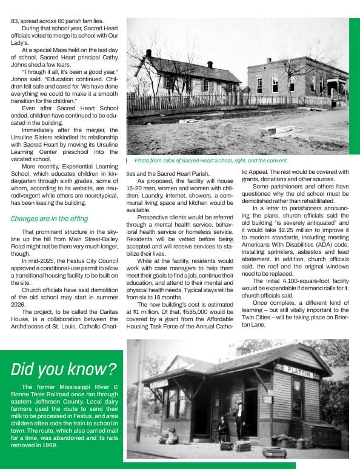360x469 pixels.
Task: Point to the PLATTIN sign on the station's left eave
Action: [x=159, y=384]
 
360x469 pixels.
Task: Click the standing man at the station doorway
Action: [x=241, y=419]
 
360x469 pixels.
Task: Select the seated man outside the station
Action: [x=222, y=427]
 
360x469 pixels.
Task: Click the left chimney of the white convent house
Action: [x=148, y=53]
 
